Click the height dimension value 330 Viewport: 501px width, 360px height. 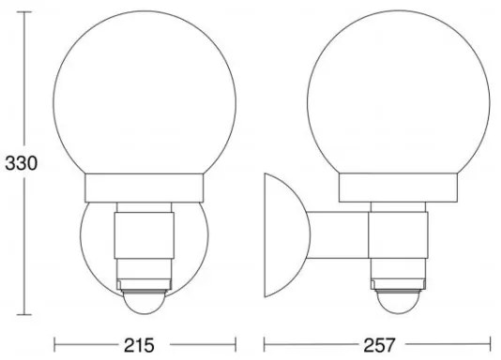tap(18, 162)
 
